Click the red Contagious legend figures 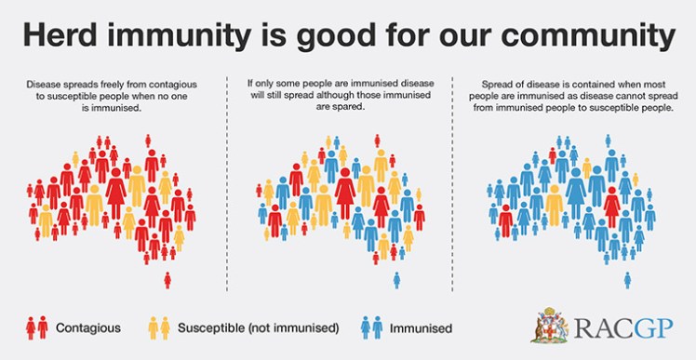(36, 327)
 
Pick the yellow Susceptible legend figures (159, 327)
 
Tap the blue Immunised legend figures (371, 327)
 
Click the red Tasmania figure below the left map (167, 279)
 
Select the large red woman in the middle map (345, 192)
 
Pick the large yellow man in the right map (555, 204)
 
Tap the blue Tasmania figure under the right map (628, 279)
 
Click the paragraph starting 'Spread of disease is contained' (572, 95)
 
